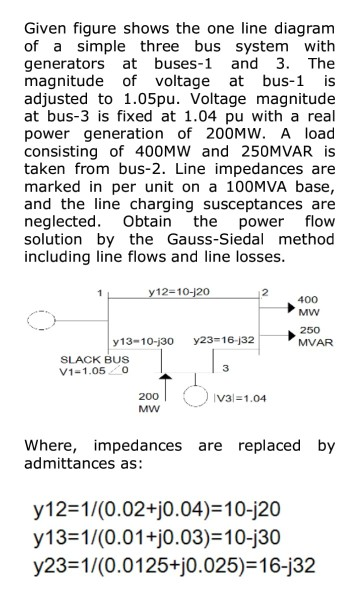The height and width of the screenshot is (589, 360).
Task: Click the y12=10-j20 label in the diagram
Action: click(x=181, y=291)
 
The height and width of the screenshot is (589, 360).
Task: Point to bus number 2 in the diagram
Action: click(x=263, y=292)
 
